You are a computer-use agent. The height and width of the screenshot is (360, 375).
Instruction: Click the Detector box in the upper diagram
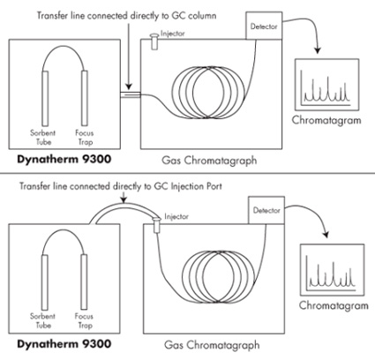coord(264,26)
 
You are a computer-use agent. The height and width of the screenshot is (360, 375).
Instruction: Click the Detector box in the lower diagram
coord(266,210)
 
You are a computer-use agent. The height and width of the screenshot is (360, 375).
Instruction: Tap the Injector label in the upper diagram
coord(173,34)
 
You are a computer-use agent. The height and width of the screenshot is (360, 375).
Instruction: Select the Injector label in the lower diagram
coord(176,217)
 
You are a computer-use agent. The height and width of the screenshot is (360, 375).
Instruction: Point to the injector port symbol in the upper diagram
coord(154,41)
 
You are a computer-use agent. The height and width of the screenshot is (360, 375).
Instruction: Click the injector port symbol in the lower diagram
coord(157,225)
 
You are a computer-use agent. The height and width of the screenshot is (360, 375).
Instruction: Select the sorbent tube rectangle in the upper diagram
coord(45,99)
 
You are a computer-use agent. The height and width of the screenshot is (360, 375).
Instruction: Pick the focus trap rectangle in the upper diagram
coord(85,99)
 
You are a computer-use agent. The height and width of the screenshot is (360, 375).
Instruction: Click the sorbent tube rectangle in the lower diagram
coord(44,282)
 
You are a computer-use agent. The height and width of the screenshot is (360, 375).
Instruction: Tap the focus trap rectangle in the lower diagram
coord(84,282)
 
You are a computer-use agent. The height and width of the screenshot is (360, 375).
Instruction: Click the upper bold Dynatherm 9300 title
coord(64,160)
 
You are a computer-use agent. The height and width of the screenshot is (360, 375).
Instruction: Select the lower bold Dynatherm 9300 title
coord(64,344)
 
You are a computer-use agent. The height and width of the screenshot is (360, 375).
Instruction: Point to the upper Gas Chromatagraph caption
coord(209,161)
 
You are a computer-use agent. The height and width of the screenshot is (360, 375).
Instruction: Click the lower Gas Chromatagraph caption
coord(212,345)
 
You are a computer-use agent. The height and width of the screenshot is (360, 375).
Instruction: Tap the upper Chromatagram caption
coord(326,120)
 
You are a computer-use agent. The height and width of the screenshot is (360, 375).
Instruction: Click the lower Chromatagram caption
coord(334,305)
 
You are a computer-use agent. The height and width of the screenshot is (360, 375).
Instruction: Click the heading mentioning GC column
coord(127,16)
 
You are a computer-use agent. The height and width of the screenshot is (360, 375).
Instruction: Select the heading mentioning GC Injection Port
coord(121,186)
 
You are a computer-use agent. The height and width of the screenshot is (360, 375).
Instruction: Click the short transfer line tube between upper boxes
coord(131,94)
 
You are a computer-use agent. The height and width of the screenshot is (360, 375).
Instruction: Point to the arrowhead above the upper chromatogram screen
coord(317,50)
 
